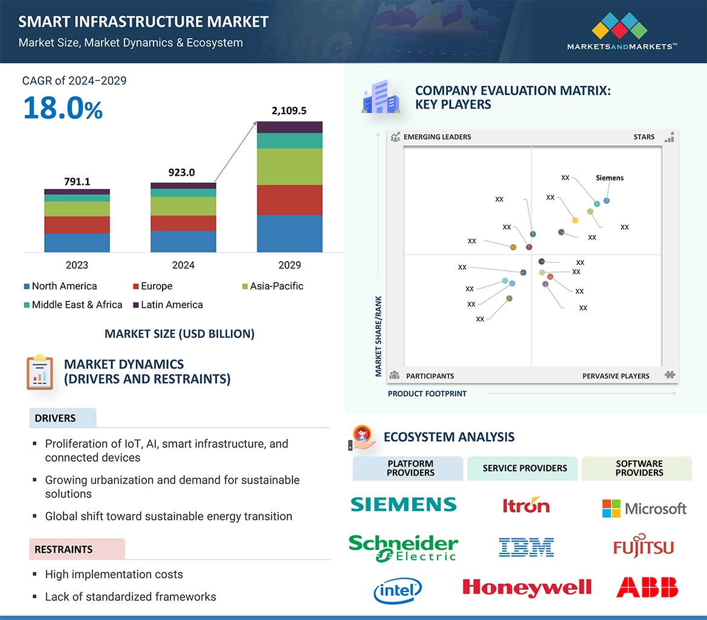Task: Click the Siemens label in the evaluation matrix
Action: click(609, 178)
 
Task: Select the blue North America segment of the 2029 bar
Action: click(289, 233)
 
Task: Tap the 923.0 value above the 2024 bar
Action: click(182, 173)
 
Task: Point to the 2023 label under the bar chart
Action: click(77, 265)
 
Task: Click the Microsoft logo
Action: click(644, 508)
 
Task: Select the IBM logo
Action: click(526, 547)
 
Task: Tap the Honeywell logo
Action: click(526, 587)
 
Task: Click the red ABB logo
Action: click(647, 587)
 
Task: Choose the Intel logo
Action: click(397, 590)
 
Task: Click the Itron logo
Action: click(526, 505)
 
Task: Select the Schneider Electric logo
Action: click(403, 547)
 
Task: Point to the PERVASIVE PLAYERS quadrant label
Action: click(616, 376)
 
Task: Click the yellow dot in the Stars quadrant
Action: click(575, 221)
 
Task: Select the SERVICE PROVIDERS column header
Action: click(525, 468)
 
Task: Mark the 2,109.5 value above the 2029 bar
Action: click(289, 111)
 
